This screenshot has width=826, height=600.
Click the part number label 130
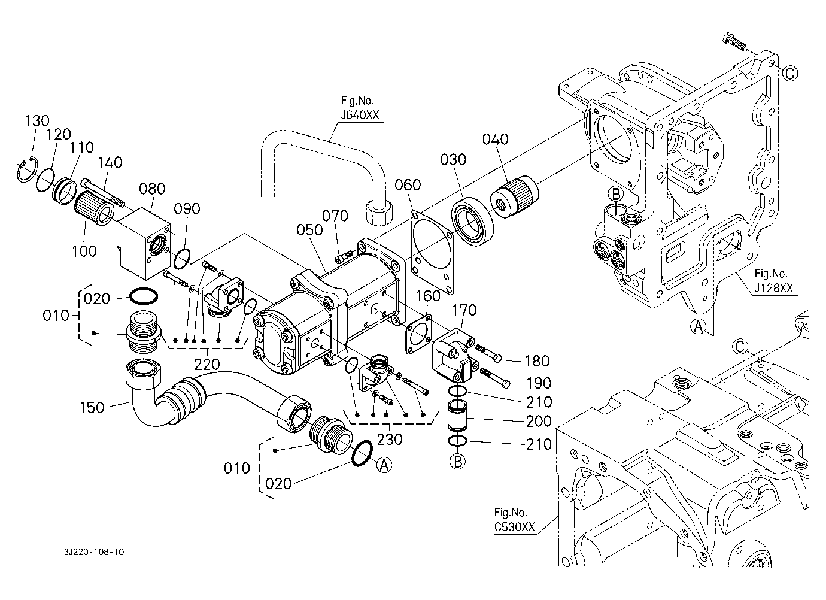[x=37, y=120]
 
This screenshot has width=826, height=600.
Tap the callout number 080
[x=152, y=189]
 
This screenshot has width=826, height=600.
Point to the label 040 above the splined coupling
[x=496, y=140]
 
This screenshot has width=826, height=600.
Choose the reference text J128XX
[x=773, y=288]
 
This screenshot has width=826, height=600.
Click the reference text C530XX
[x=514, y=526]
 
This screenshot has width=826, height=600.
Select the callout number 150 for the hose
[x=92, y=408]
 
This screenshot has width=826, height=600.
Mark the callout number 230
[x=390, y=439]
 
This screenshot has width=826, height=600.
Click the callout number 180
[x=536, y=360]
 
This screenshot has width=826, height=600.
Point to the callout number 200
[x=539, y=421]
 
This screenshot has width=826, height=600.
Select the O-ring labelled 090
[x=182, y=259]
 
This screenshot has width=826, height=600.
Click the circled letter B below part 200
[x=457, y=462]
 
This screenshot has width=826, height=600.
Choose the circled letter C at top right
[x=790, y=74]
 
